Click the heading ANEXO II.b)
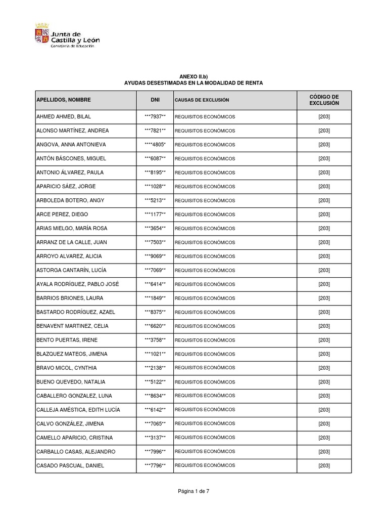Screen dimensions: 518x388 pos(193,76)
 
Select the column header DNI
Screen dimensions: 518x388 pos(155,100)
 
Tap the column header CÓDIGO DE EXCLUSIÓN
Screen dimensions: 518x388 pos(324,100)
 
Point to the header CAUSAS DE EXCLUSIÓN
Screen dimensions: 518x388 pos(202,100)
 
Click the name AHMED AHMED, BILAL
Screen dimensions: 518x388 pos(64,117)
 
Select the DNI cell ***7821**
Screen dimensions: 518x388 pos(155,131)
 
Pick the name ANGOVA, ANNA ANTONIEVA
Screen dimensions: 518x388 pos(71,145)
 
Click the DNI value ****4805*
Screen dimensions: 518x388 pos(155,145)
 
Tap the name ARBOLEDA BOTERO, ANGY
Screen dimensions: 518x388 pos(70,200)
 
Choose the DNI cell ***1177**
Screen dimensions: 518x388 pos(155,214)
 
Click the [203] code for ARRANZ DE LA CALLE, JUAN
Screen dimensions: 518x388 pos(324,242)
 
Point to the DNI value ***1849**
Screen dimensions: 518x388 pos(155,298)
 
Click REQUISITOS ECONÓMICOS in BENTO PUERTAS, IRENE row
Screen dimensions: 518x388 pos(205,340)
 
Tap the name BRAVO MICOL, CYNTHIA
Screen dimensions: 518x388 pos(67,368)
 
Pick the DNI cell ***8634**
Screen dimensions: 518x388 pos(155,396)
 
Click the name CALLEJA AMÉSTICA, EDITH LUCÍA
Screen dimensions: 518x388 pos(78,410)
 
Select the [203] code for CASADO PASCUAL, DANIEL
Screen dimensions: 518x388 pos(324,465)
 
